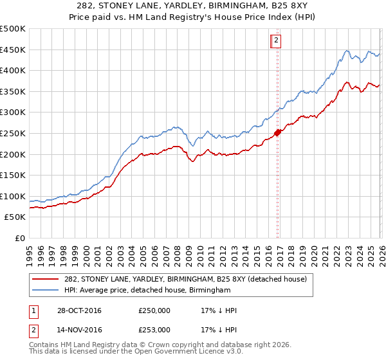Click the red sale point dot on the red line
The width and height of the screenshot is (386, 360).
pos(278,133)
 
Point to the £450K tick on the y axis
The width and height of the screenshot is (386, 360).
pos(13,50)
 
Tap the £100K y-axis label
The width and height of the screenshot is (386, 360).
pos(13,196)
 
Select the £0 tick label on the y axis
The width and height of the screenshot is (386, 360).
pos(19,238)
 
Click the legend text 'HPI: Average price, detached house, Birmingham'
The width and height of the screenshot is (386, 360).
pos(147,291)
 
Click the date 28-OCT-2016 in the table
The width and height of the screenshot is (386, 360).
pos(79,310)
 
